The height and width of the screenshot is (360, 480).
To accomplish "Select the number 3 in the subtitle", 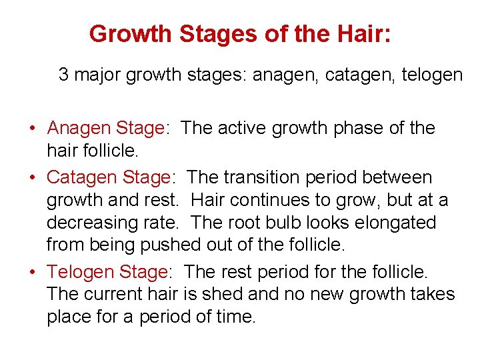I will pos(63,75).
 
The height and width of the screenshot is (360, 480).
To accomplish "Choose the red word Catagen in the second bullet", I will pos(83,178).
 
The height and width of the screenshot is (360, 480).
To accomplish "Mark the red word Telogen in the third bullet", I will pos(81,272).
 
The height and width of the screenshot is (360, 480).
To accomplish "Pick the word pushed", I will pos(170,245).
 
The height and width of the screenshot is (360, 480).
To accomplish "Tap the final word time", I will pos(236,317).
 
